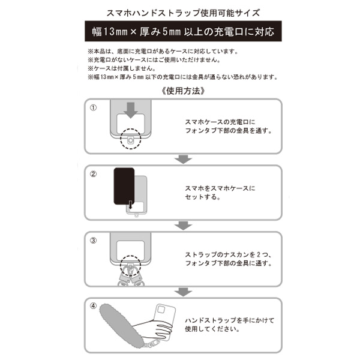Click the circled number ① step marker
click(x=93, y=107)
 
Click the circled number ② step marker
click(x=93, y=175)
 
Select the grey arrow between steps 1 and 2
click(x=182, y=158)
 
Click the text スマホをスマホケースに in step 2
click(x=219, y=188)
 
